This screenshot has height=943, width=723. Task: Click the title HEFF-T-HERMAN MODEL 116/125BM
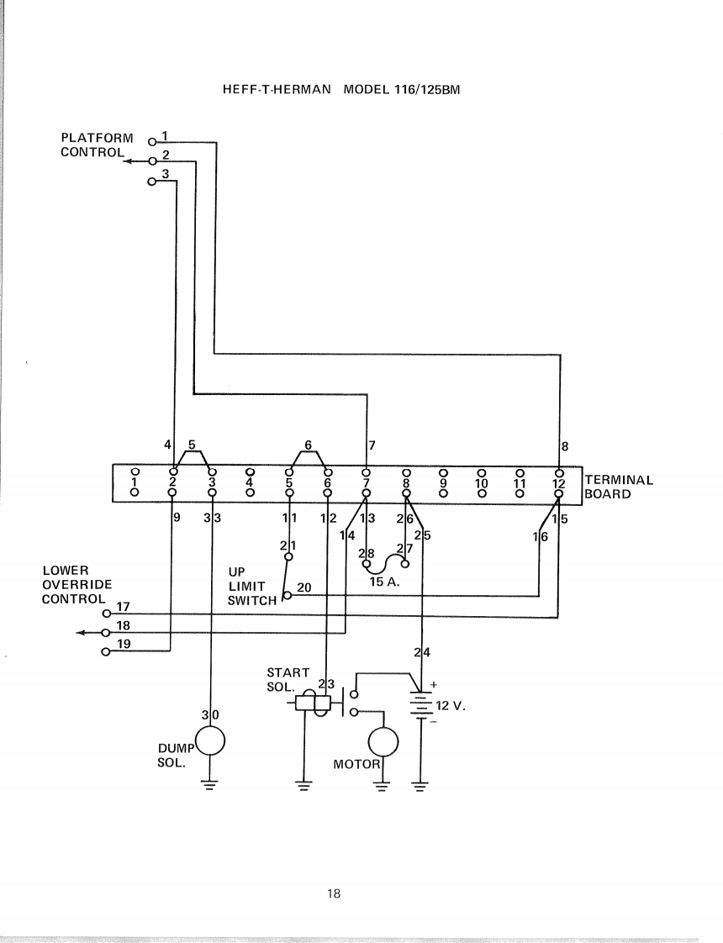pos(341,90)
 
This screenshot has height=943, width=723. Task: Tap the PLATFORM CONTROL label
pos(96,145)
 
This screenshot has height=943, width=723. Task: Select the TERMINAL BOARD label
pos(619,487)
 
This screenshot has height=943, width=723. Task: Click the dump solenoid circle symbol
pos(210,740)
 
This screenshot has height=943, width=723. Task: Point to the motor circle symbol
pos(383,742)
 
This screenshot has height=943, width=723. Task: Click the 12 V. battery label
pos(451,705)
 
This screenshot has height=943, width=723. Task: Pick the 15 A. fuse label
pos(384,582)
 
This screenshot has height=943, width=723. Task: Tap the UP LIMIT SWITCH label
pos(252,586)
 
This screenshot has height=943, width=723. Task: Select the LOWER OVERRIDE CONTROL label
pos(77,584)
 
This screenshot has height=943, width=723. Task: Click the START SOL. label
pos(288,680)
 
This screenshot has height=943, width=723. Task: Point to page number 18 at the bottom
pos(334,893)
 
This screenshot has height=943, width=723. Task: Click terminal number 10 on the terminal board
pos(481,482)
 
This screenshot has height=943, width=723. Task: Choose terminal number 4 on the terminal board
pos(251,482)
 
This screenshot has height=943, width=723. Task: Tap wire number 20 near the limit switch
pos(304,587)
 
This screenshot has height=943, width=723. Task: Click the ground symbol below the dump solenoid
pos(210,784)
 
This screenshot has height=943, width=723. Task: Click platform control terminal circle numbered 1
pos(152,142)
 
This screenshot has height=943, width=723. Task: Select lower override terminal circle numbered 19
pos(107,652)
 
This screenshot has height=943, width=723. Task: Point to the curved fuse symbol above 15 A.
pos(386,564)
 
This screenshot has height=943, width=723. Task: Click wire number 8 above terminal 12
pos(564,446)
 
